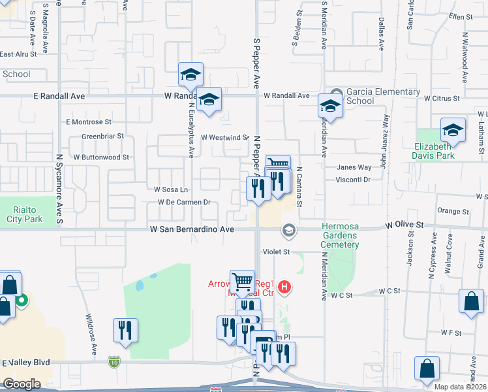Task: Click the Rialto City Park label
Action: point(25,214)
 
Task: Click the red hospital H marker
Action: point(284,286)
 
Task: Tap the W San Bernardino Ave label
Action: point(192,230)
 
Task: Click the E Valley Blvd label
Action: point(26,363)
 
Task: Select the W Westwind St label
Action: point(224,138)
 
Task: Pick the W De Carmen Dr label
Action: point(184,202)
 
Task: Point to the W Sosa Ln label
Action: point(170,189)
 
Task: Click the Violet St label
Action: point(276,252)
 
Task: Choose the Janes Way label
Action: point(354,168)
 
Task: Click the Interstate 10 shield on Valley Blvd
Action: point(115,361)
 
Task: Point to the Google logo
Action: point(22,384)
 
